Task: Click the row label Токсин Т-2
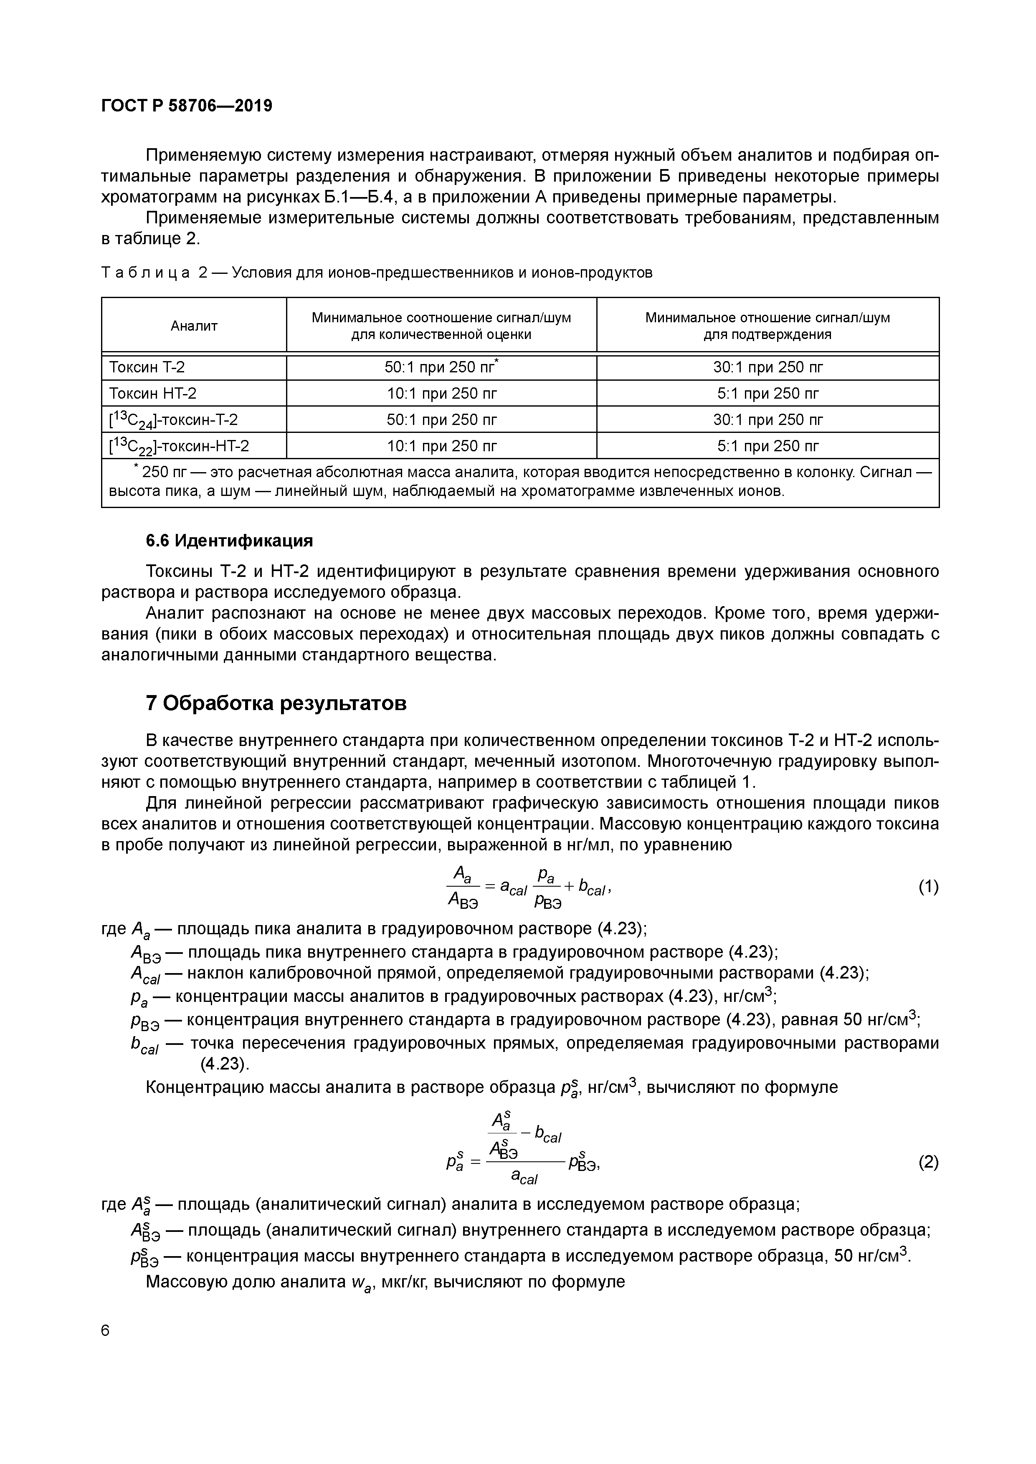point(147,367)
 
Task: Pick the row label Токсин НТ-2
point(152,393)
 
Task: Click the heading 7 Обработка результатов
point(276,703)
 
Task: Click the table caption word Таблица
point(145,273)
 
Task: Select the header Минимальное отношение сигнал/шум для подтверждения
point(768,326)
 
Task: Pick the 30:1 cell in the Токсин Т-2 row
point(768,367)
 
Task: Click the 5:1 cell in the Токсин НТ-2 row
point(768,393)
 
